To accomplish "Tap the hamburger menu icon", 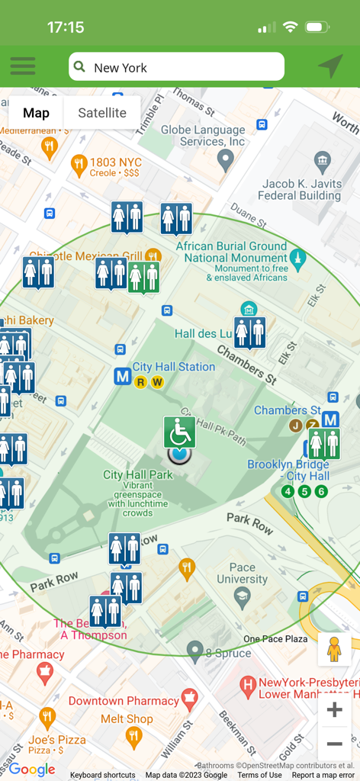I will pyautogui.click(x=23, y=66).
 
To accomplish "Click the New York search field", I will pyautogui.click(x=176, y=67).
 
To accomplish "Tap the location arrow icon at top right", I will pyautogui.click(x=330, y=66).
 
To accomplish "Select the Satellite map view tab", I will pyautogui.click(x=102, y=113).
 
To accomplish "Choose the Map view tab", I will pyautogui.click(x=36, y=113).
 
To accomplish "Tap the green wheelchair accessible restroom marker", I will pyautogui.click(x=179, y=432).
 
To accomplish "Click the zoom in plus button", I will pyautogui.click(x=334, y=710).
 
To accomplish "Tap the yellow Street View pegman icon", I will pyautogui.click(x=334, y=649).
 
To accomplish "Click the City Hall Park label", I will pyautogui.click(x=138, y=475).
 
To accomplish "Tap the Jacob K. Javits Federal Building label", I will pyautogui.click(x=300, y=189).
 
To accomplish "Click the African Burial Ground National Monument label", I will pyautogui.click(x=231, y=252).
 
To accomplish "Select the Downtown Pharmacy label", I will pyautogui.click(x=124, y=700).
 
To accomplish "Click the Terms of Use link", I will pyautogui.click(x=259, y=775).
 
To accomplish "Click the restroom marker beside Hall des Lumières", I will pyautogui.click(x=250, y=333).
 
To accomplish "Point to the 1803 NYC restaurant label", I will pyautogui.click(x=116, y=162).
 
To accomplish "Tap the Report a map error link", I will pyautogui.click(x=323, y=775).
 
